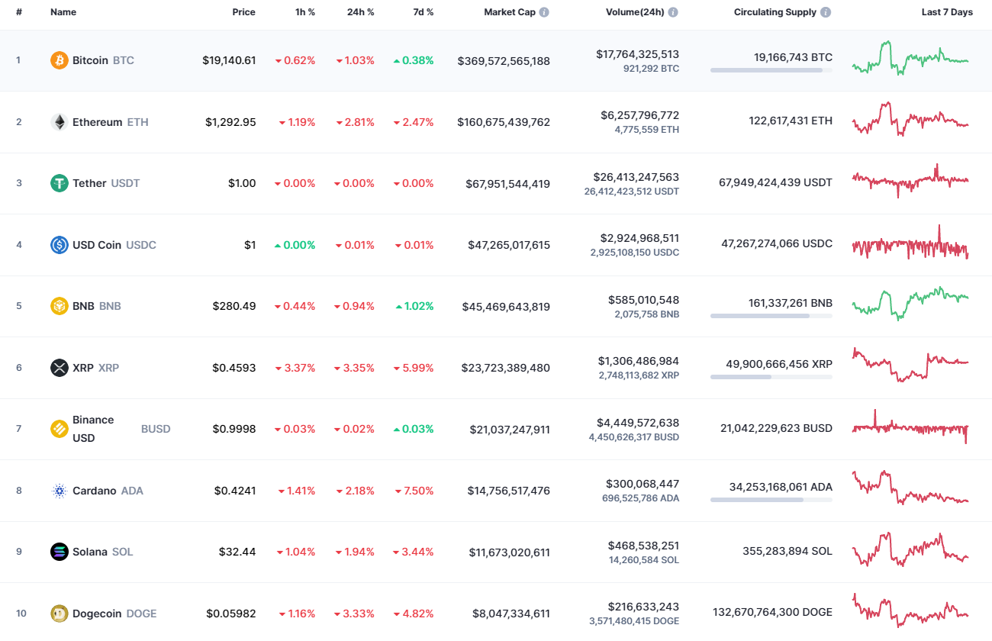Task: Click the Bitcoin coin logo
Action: (59, 60)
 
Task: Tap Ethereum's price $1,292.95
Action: (230, 122)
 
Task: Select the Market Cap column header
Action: (510, 12)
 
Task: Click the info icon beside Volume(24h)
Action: (673, 13)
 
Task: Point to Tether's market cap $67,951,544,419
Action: (508, 184)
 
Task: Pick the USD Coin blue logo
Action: (59, 245)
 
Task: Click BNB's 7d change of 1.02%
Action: (414, 306)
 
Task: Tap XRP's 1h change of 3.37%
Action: (295, 368)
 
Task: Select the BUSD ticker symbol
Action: (156, 429)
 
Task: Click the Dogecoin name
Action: (97, 614)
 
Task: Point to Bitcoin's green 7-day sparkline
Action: (910, 58)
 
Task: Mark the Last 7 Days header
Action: (946, 12)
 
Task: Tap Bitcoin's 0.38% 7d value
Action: (414, 60)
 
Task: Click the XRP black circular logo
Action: (59, 368)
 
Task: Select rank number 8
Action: (19, 491)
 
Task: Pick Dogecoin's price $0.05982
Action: (230, 614)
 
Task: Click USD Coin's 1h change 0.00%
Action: (295, 245)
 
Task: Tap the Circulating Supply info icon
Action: (826, 13)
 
